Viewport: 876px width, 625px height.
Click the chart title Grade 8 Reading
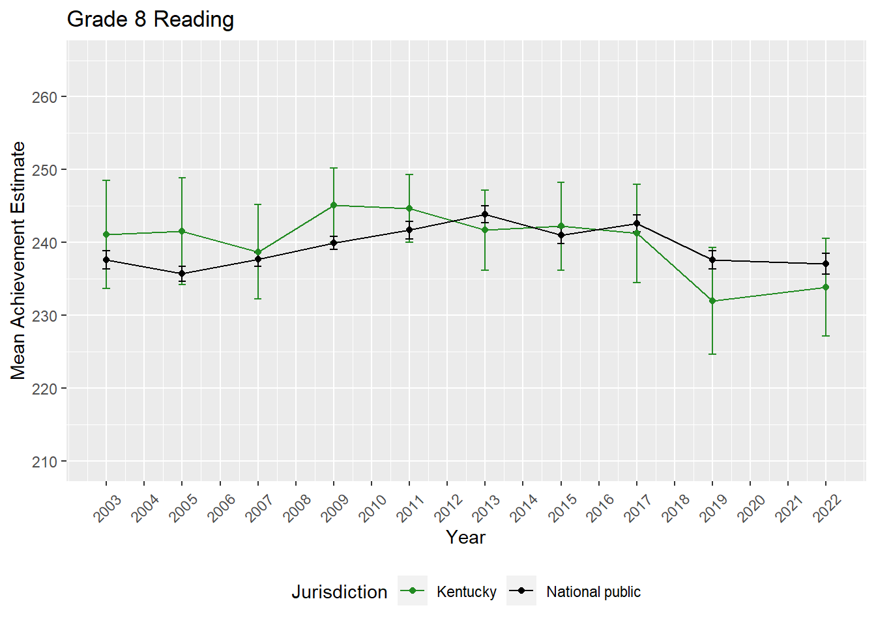pyautogui.click(x=150, y=20)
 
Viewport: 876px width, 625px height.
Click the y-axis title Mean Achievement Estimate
pyautogui.click(x=18, y=260)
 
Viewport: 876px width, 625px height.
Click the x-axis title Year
pyautogui.click(x=465, y=537)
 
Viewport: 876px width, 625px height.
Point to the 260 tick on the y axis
pyautogui.click(x=44, y=97)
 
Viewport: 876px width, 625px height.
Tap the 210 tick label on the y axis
pyautogui.click(x=44, y=462)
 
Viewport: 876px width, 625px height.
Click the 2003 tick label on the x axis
pyautogui.click(x=108, y=508)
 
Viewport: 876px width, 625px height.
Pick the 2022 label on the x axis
pyautogui.click(x=827, y=508)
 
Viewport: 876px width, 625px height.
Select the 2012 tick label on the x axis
pyautogui.click(x=448, y=508)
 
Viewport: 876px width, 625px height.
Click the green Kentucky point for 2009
pyautogui.click(x=334, y=206)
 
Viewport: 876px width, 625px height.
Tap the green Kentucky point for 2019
pyautogui.click(x=712, y=301)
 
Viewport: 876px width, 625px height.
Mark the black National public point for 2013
pyautogui.click(x=485, y=214)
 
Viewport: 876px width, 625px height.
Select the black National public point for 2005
pyautogui.click(x=182, y=273)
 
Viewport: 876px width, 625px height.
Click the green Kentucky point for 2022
pyautogui.click(x=826, y=287)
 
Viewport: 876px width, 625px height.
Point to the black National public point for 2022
pyautogui.click(x=826, y=264)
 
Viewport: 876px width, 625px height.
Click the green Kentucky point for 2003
pyautogui.click(x=106, y=234)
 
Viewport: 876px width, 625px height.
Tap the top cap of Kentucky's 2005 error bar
pyautogui.click(x=182, y=178)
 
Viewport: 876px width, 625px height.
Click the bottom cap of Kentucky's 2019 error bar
pyautogui.click(x=712, y=354)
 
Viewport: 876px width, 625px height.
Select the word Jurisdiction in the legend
pyautogui.click(x=339, y=592)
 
